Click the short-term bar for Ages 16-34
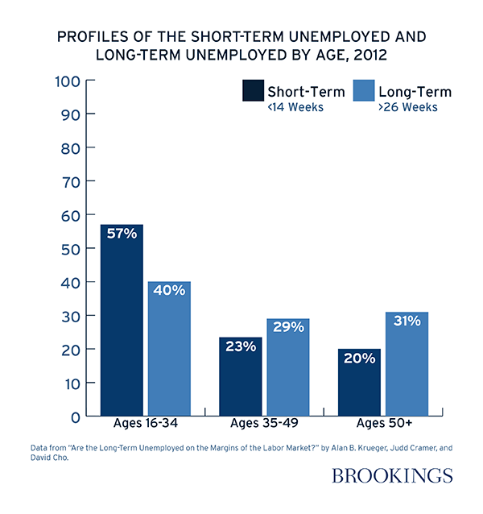click(122, 322)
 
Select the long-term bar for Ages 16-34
click(169, 350)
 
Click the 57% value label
click(122, 234)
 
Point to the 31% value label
click(407, 321)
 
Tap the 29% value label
click(287, 327)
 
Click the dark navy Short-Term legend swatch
click(253, 91)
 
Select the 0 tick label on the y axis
click(73, 417)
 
